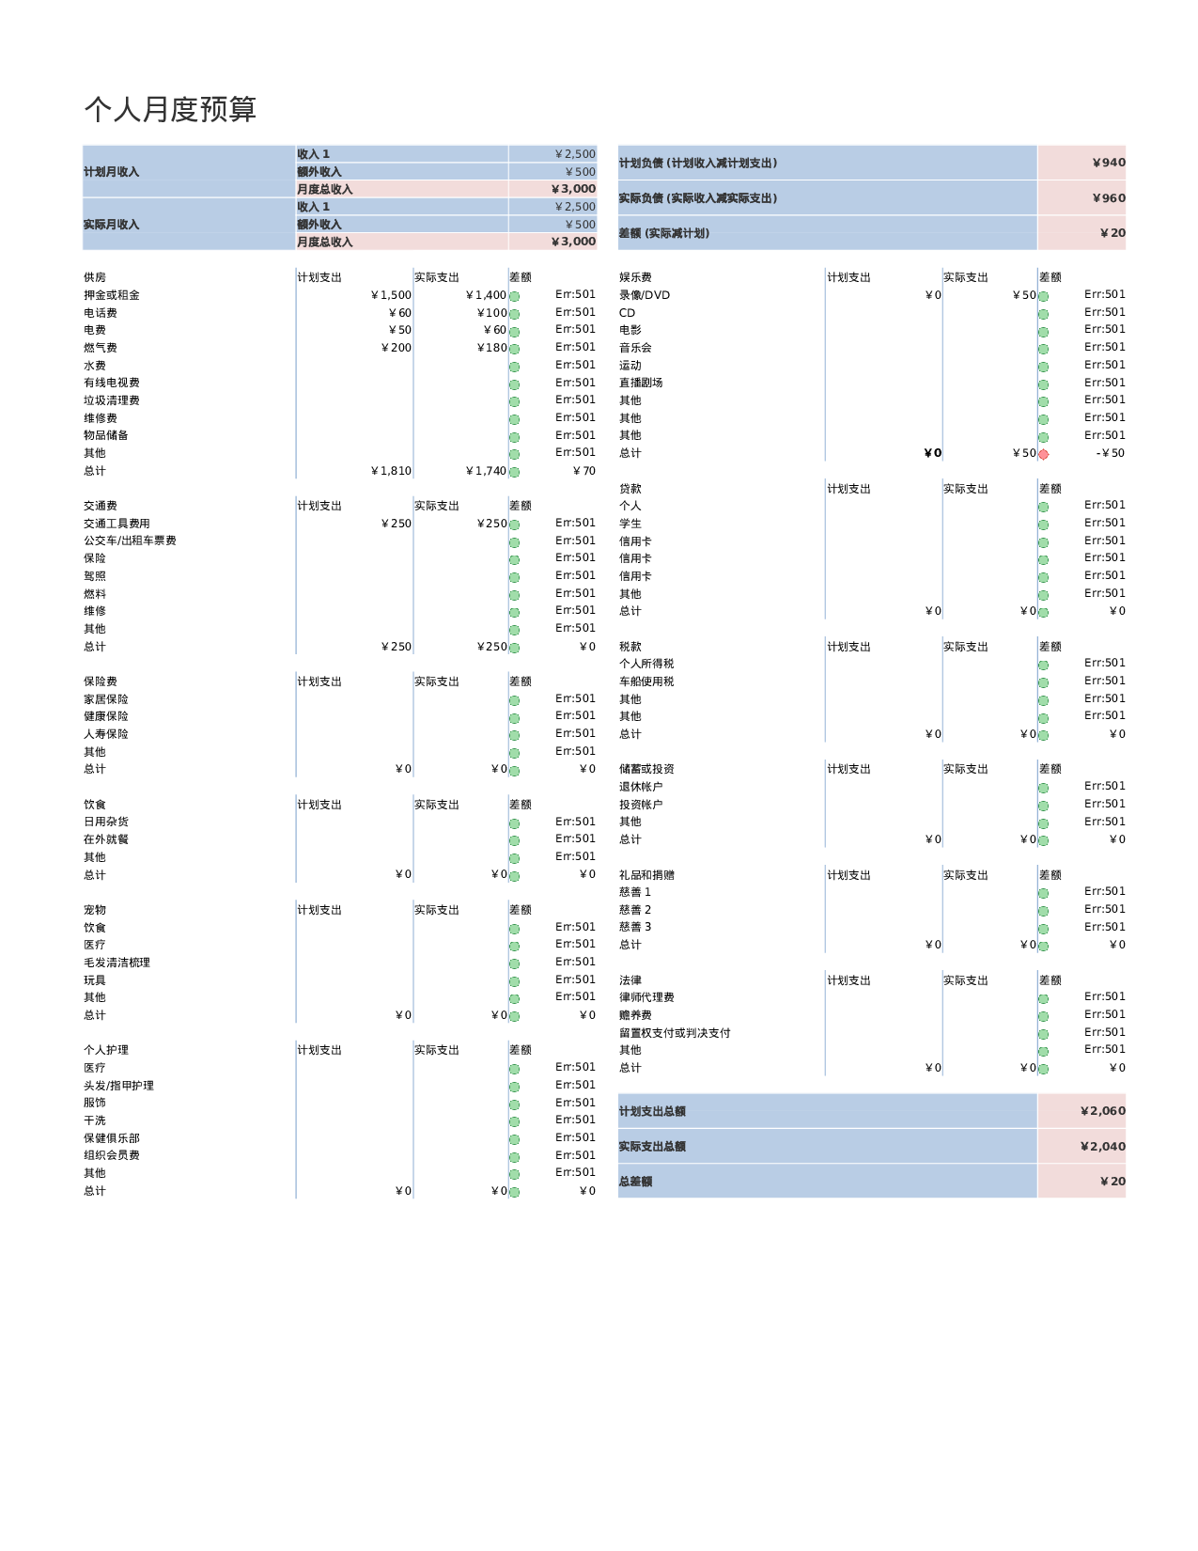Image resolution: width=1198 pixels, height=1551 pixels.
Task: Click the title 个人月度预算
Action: (x=169, y=110)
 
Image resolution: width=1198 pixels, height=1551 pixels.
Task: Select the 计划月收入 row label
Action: (x=111, y=172)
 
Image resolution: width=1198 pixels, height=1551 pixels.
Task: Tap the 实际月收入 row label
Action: (x=111, y=225)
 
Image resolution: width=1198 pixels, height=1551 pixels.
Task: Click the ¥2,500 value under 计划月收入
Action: (x=575, y=154)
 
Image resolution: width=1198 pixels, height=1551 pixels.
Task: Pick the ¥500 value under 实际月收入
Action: (x=581, y=225)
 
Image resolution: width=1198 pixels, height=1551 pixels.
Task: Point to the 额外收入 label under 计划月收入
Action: (x=319, y=172)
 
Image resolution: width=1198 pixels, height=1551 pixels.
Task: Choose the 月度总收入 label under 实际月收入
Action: (x=325, y=242)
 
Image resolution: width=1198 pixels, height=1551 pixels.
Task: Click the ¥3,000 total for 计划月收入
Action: (x=573, y=189)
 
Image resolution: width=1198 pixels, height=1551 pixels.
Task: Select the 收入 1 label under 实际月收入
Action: (x=314, y=207)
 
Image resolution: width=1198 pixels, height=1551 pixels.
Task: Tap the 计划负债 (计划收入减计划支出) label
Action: (x=698, y=163)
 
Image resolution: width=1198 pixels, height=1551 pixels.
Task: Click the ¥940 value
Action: (x=1109, y=163)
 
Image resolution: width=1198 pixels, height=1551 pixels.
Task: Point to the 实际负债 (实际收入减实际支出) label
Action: (x=698, y=198)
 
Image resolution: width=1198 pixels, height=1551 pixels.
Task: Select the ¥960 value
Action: (x=1109, y=198)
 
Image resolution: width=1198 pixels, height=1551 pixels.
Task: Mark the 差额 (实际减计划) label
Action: (x=664, y=233)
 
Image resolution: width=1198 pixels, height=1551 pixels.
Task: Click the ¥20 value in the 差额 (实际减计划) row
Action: (x=1112, y=233)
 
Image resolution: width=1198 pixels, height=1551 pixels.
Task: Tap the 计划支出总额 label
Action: (x=652, y=1111)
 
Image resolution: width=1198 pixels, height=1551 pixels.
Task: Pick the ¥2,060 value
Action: (x=1103, y=1111)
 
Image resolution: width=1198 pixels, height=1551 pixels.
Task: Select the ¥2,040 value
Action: (x=1103, y=1147)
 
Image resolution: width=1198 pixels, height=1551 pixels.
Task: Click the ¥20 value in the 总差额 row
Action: (x=1112, y=1182)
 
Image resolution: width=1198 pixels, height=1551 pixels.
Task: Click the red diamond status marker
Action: (x=1043, y=455)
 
